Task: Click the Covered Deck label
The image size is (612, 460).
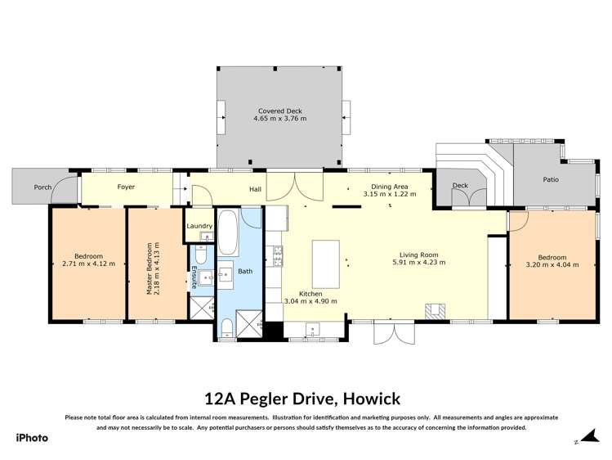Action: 279,110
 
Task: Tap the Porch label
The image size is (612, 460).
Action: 43,187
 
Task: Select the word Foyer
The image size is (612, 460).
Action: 126,187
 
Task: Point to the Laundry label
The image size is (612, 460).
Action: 200,226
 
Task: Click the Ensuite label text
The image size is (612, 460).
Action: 194,277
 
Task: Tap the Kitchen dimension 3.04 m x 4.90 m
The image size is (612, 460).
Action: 310,301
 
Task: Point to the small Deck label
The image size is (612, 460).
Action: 460,186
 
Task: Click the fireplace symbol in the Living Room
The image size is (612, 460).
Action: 434,310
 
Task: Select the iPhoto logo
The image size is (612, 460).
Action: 32,437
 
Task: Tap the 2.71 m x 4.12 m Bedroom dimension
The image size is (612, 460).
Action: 88,264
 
